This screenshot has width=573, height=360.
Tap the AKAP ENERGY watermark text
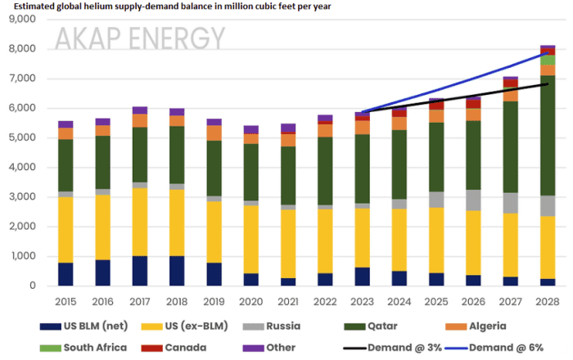point(139,38)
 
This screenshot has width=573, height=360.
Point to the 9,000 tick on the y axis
point(22,20)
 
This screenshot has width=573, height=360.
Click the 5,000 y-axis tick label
point(22,138)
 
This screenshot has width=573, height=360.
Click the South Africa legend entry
point(90,347)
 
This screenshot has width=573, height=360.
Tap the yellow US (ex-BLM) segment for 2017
point(140,222)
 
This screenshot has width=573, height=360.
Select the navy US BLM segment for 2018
point(177,270)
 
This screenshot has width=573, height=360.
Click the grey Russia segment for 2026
point(473,200)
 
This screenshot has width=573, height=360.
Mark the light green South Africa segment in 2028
point(547,60)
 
